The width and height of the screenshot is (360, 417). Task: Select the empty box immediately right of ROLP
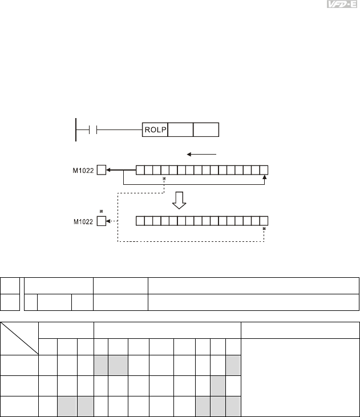(x=180, y=129)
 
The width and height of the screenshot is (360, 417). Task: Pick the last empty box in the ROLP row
(x=206, y=129)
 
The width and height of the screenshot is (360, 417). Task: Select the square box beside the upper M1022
(x=101, y=169)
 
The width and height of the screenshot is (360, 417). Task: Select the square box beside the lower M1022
(x=101, y=221)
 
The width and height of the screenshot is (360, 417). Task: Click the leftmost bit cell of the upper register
(x=140, y=169)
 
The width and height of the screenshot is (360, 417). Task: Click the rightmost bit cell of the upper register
(x=264, y=169)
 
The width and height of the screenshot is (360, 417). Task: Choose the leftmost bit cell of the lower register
(x=140, y=221)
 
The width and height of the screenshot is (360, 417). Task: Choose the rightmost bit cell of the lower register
(x=264, y=221)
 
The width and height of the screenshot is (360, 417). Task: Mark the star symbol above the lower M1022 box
(x=101, y=212)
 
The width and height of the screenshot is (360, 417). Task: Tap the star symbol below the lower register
(x=264, y=229)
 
